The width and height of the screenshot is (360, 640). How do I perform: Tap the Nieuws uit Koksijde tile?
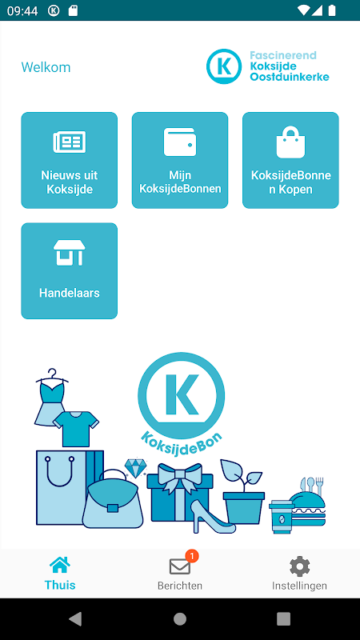click(69, 160)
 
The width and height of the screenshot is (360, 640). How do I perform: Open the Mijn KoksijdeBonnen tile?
click(179, 160)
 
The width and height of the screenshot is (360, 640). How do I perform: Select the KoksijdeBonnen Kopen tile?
click(290, 160)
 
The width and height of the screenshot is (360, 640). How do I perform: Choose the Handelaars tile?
click(69, 270)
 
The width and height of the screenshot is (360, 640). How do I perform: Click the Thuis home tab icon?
click(60, 566)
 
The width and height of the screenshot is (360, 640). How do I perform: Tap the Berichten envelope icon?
click(179, 566)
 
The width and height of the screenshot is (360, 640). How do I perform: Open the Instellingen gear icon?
click(299, 566)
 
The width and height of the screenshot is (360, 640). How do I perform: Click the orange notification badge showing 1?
click(192, 555)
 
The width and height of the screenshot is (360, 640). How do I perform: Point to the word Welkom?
click(46, 67)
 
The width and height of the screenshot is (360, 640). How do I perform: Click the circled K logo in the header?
click(224, 66)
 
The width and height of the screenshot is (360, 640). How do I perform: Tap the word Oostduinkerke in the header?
click(290, 77)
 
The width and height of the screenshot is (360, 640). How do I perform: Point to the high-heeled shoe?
click(213, 517)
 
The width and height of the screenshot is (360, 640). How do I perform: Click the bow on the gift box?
click(179, 474)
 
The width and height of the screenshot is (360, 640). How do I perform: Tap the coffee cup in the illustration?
click(282, 516)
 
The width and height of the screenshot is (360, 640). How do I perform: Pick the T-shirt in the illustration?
click(76, 429)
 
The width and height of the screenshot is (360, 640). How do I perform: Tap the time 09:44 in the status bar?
click(22, 10)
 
